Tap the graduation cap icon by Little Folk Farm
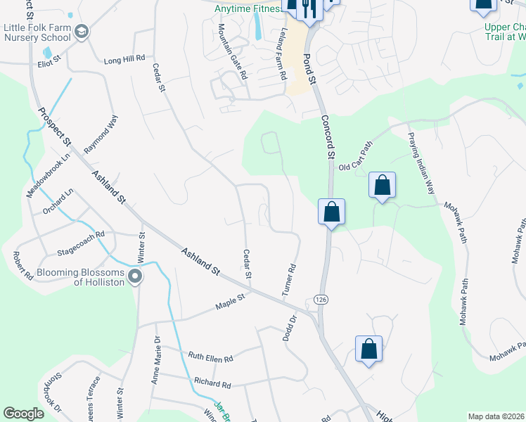[x=82, y=32]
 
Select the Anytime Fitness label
[x=247, y=8]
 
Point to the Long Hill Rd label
[x=124, y=60]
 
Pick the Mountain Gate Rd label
[x=232, y=51]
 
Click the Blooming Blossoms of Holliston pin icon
[x=134, y=277]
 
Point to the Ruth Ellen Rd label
[x=210, y=358]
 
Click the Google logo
[x=24, y=414]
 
